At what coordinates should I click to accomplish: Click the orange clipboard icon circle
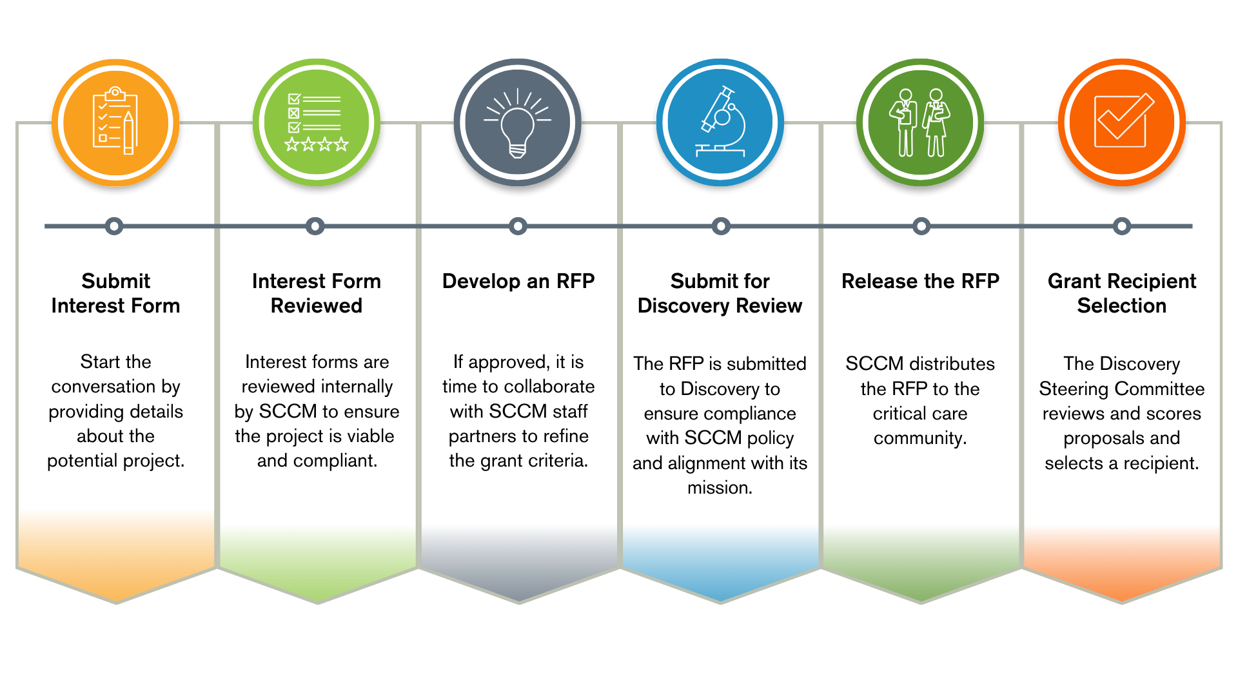[115, 122]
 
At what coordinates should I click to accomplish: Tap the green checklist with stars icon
[317, 122]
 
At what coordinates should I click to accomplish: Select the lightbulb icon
[518, 122]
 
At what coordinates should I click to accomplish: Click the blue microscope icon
[720, 122]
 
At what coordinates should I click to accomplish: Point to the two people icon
[920, 122]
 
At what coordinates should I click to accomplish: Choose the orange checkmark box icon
[1122, 122]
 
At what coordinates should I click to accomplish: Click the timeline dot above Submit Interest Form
[114, 226]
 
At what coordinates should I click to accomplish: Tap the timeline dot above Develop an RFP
[518, 226]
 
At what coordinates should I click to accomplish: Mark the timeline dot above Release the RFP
[921, 226]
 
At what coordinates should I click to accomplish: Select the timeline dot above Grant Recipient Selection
[1122, 226]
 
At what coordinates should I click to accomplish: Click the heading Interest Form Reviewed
[317, 293]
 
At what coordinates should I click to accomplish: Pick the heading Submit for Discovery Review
[720, 293]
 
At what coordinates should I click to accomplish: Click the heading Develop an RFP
[518, 282]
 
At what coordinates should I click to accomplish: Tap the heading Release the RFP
[920, 282]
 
